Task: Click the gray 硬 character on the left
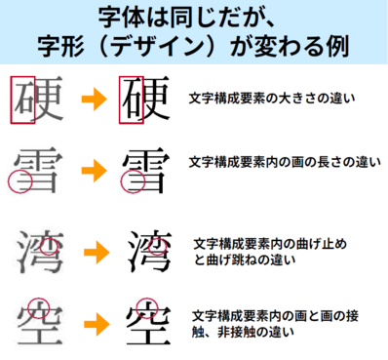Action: coord(36,100)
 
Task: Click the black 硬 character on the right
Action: coord(142,100)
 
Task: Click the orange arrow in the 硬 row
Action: coord(93,100)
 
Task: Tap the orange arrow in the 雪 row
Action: coord(93,170)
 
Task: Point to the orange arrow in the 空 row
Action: coord(93,322)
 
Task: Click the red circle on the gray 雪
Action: coord(19,181)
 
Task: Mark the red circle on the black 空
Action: coord(145,306)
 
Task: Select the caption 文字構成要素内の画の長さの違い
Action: coord(283,160)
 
